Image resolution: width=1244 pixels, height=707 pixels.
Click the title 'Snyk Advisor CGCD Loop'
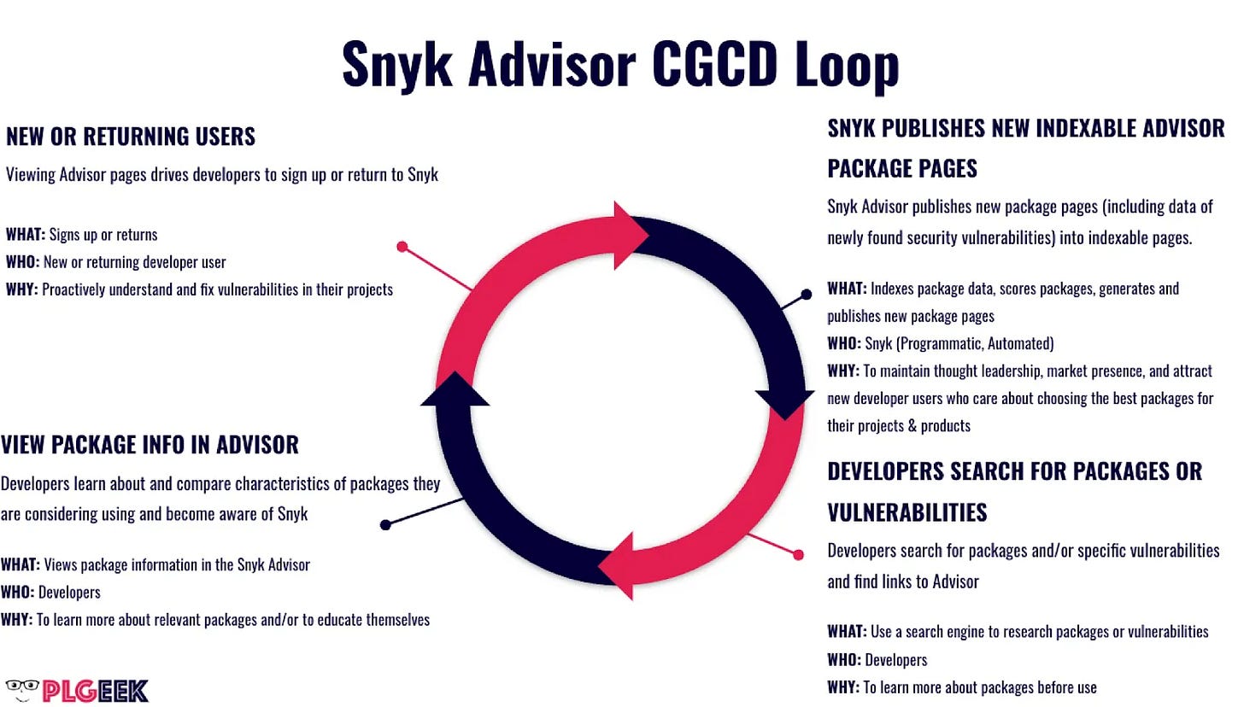tap(620, 65)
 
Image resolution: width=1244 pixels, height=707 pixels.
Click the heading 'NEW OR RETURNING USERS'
tap(131, 137)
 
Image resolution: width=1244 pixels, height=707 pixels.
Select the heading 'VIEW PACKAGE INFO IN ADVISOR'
tap(150, 445)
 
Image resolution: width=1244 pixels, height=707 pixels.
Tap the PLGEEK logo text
tap(94, 691)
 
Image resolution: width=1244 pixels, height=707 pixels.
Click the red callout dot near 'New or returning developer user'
tap(402, 247)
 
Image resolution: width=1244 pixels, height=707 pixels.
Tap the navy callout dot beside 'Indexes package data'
tap(806, 295)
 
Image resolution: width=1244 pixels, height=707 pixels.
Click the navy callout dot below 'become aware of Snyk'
tap(386, 524)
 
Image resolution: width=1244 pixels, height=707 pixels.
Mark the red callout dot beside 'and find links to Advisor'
tap(799, 555)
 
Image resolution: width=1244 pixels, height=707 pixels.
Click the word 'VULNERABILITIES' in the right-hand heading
tap(908, 512)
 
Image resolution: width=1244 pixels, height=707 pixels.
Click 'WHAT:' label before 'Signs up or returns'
tap(25, 235)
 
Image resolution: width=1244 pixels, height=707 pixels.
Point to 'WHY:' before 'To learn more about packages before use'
tap(842, 687)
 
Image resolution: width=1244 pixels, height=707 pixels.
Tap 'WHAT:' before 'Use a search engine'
tap(846, 632)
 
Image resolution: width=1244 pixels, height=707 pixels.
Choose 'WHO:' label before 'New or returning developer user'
tap(21, 262)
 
